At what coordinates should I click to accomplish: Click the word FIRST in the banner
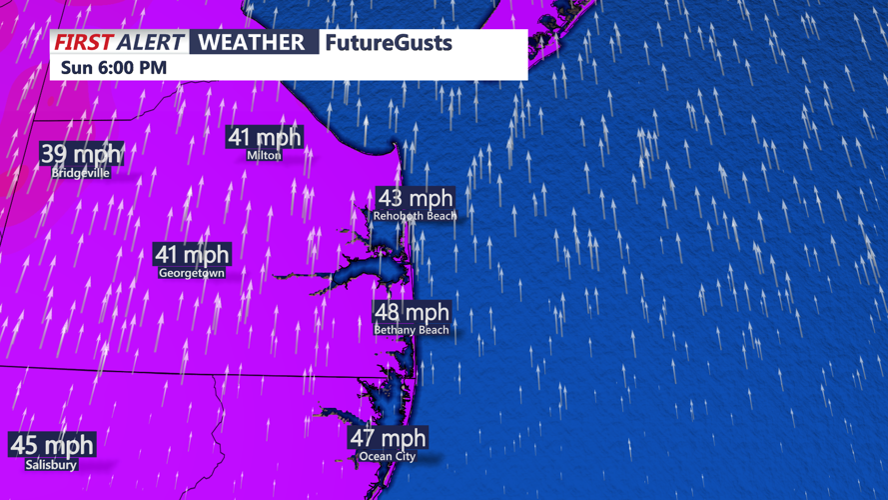click(83, 42)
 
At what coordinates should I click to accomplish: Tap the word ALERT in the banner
click(150, 42)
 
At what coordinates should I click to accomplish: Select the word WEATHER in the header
click(252, 42)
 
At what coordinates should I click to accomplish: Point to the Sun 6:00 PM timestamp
click(113, 68)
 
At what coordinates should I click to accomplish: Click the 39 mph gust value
click(81, 153)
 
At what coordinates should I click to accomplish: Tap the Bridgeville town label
click(81, 173)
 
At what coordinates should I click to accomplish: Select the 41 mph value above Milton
click(264, 137)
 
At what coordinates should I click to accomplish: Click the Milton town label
click(264, 155)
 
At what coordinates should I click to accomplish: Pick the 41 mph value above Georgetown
click(192, 254)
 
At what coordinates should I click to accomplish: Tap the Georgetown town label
click(192, 272)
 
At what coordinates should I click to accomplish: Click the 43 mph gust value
click(415, 198)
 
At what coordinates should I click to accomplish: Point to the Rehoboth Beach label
click(415, 216)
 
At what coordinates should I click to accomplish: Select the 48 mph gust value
click(412, 311)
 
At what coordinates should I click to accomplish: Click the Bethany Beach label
click(412, 329)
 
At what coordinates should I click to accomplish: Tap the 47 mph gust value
click(388, 437)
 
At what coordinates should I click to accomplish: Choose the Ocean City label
click(388, 457)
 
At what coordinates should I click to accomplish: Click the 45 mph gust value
click(52, 444)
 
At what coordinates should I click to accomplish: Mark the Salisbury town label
click(52, 465)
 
